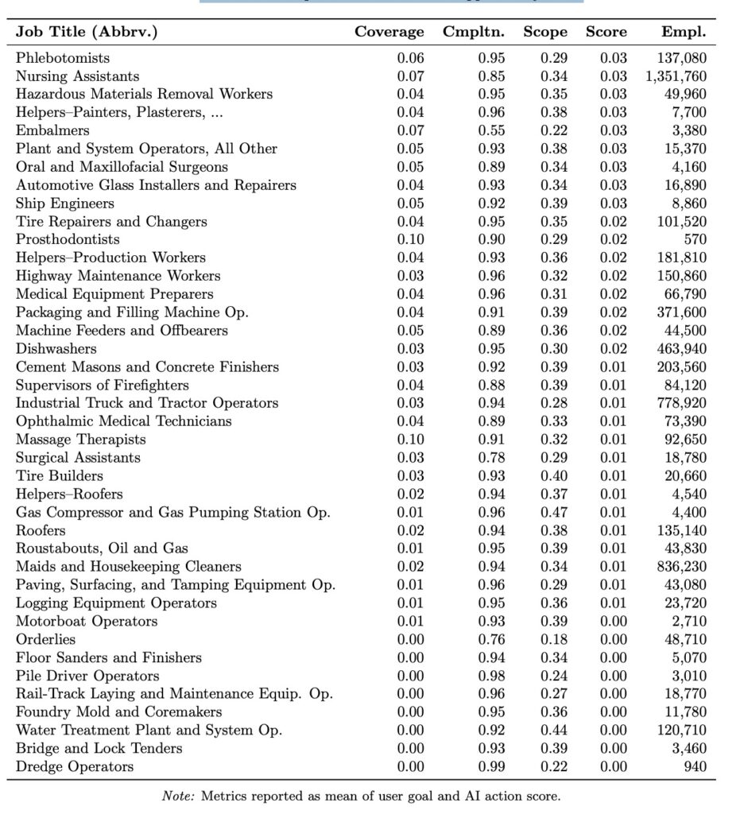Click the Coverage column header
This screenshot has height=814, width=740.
pyautogui.click(x=389, y=33)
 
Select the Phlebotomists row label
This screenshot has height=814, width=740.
pyautogui.click(x=63, y=58)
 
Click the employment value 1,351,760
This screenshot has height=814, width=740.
pyautogui.click(x=676, y=76)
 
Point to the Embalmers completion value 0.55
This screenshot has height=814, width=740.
pyautogui.click(x=491, y=130)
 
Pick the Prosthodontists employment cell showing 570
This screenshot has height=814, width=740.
pyautogui.click(x=695, y=239)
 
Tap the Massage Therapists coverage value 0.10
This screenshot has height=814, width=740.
pyautogui.click(x=410, y=440)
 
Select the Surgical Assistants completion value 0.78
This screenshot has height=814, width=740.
pyautogui.click(x=491, y=458)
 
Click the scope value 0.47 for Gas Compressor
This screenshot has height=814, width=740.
pyautogui.click(x=554, y=513)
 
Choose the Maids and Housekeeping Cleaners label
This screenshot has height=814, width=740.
pyautogui.click(x=129, y=567)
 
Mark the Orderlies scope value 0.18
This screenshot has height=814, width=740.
pyautogui.click(x=554, y=640)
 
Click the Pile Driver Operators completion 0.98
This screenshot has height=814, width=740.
pyautogui.click(x=491, y=676)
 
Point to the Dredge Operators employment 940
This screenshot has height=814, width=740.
pyautogui.click(x=694, y=767)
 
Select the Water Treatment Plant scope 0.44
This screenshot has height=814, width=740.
pyautogui.click(x=554, y=731)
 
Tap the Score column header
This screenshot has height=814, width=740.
pyautogui.click(x=606, y=33)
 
